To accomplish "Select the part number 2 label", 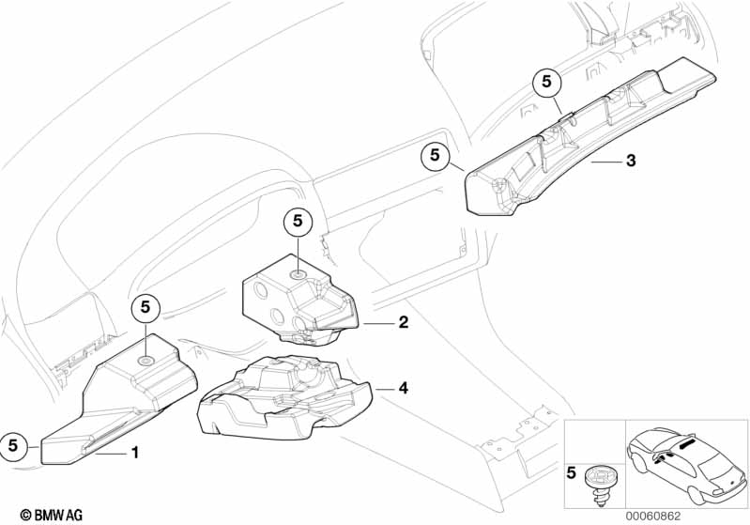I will (403, 322).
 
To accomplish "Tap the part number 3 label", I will (631, 162).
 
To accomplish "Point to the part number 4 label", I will (403, 387).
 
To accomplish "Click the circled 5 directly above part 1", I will (145, 306).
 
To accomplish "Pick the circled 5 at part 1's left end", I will (14, 444).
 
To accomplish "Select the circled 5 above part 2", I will (297, 222).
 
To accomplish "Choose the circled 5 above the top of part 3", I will (546, 84).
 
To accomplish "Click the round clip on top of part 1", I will (147, 360).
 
